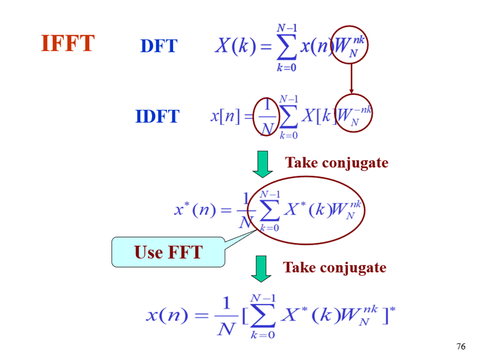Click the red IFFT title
(68, 43)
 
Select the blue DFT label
(158, 46)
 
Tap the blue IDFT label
(157, 117)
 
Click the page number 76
(460, 346)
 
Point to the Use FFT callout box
(168, 252)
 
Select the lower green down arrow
(262, 269)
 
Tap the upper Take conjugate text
(336, 163)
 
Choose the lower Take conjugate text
(334, 268)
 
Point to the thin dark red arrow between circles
(351, 78)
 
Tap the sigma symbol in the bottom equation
(263, 316)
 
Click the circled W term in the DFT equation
(350, 44)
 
